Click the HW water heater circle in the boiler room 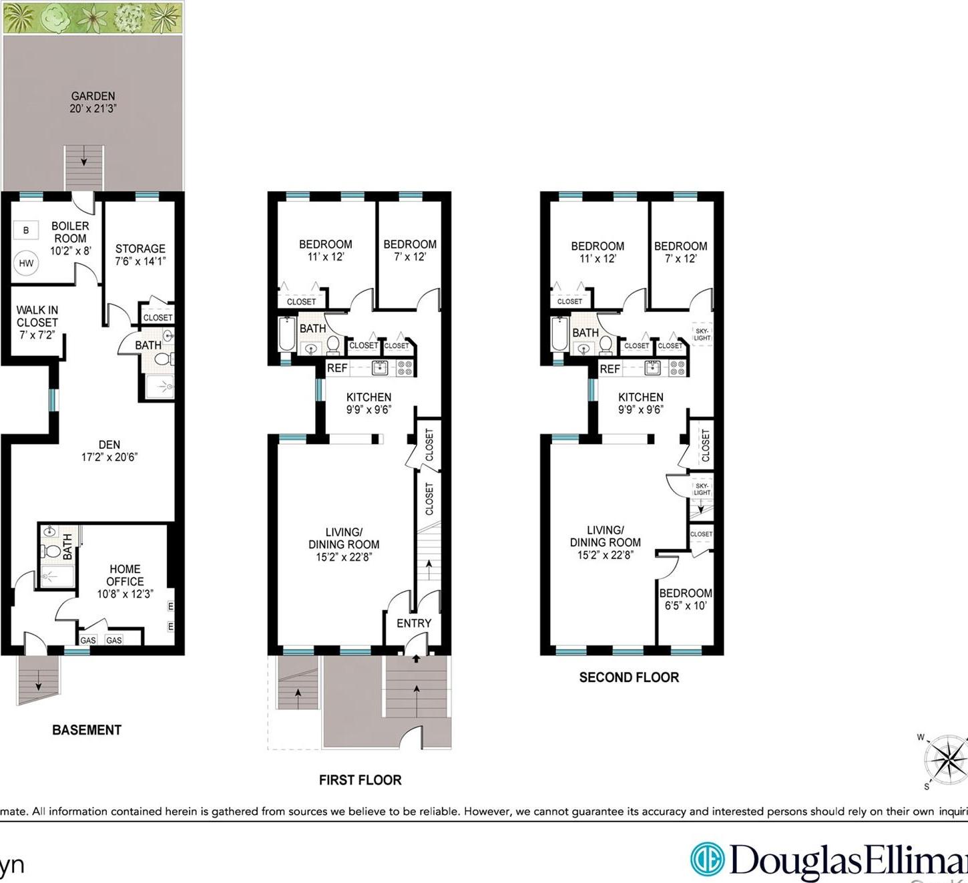click(x=26, y=263)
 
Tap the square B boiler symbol click(x=26, y=230)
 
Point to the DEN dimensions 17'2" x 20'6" click(x=109, y=458)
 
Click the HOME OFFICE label click(x=125, y=575)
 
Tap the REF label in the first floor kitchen click(x=337, y=368)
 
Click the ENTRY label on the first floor click(x=414, y=623)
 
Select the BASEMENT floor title click(x=87, y=730)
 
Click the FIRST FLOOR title click(x=360, y=780)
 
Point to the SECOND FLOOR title click(x=629, y=677)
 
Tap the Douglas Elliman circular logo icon click(x=707, y=858)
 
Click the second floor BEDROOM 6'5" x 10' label click(x=686, y=599)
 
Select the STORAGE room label click(x=140, y=248)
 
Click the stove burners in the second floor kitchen click(x=677, y=367)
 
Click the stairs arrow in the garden click(x=84, y=161)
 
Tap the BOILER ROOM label click(x=70, y=232)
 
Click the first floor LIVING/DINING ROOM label click(x=344, y=538)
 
